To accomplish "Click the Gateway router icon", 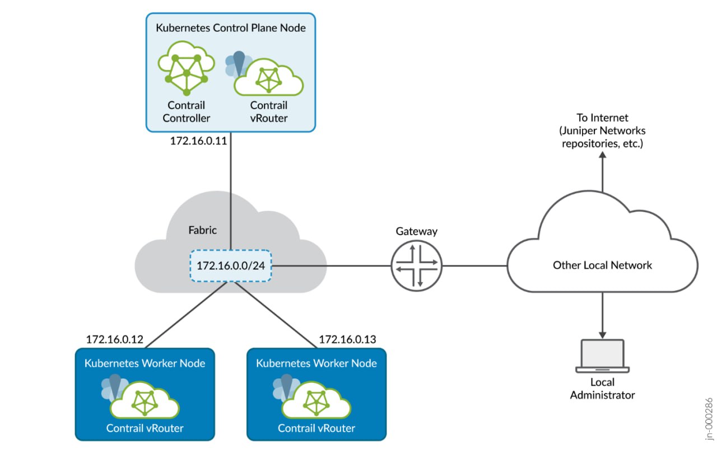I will coord(417,265).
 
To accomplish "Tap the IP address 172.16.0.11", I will coord(198,141).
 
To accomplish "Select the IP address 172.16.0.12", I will coord(115,339).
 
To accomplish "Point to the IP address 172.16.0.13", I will coord(347,339).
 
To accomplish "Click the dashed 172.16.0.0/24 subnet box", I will coord(231,265).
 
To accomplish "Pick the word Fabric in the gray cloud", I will coord(202,230).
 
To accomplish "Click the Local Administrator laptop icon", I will coord(602,355).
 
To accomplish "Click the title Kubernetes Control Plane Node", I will coord(230,27).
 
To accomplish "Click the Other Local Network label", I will coord(602,265).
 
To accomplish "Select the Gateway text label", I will coord(417,231).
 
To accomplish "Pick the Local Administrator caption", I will coord(602,389).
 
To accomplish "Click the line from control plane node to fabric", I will coord(230,190).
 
